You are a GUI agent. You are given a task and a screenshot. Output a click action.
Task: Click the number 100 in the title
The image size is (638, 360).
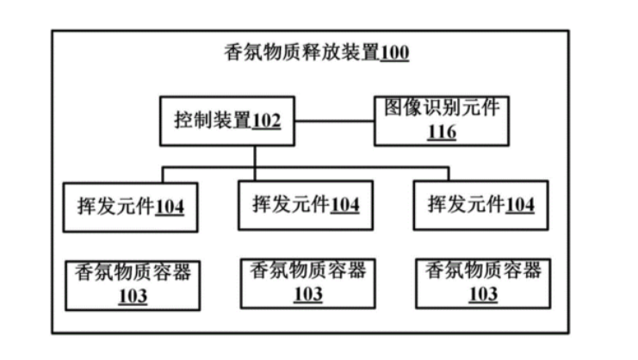(x=394, y=53)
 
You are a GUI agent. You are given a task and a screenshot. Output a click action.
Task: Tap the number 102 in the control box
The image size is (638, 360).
(x=265, y=121)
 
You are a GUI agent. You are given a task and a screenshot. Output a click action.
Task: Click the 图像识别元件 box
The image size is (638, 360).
(x=442, y=120)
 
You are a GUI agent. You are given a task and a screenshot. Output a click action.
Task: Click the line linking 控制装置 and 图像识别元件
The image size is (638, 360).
(x=332, y=120)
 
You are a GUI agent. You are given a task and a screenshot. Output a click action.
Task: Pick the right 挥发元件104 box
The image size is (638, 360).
(x=480, y=205)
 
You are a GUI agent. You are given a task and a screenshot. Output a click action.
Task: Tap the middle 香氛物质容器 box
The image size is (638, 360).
(x=307, y=282)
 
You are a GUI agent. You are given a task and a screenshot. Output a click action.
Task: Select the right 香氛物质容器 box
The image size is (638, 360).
(x=482, y=282)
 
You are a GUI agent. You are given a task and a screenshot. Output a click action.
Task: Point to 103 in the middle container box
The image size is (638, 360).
(x=307, y=295)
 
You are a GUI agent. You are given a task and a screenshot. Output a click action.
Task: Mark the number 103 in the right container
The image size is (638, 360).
(x=482, y=295)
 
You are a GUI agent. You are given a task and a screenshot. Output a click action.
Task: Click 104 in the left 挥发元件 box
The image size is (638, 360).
(x=170, y=208)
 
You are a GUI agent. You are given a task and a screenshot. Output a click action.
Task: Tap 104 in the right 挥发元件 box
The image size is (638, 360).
(x=519, y=206)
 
